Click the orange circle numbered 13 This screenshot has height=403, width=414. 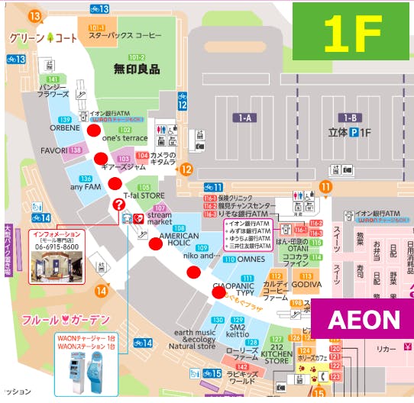coord(34,15)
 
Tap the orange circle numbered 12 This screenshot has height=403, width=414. coord(186,169)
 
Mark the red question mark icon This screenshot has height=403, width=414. coord(118,204)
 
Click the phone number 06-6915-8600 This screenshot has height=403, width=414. coord(53,247)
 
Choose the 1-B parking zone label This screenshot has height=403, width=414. coord(351,118)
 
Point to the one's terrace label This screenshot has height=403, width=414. coord(124,138)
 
